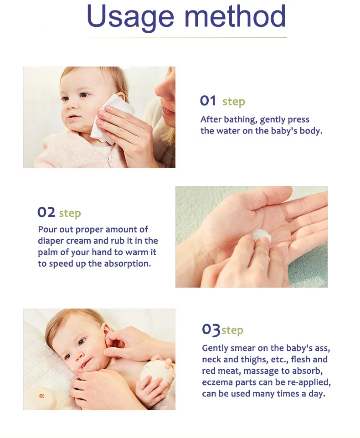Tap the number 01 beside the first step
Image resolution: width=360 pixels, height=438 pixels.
point(208,101)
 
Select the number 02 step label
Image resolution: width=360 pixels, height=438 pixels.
point(46,212)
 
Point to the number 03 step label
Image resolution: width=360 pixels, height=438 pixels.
point(211,329)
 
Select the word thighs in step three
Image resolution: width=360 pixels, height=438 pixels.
point(258,360)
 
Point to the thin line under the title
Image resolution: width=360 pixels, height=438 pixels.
point(187,37)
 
